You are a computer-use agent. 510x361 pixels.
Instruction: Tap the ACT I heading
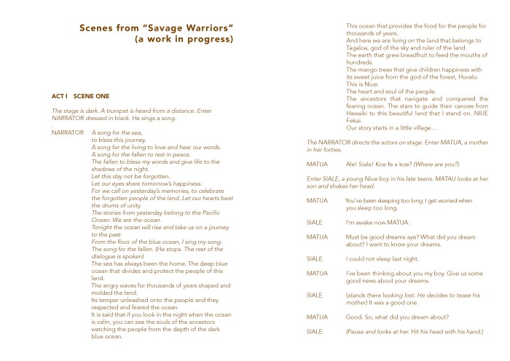point(62,96)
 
